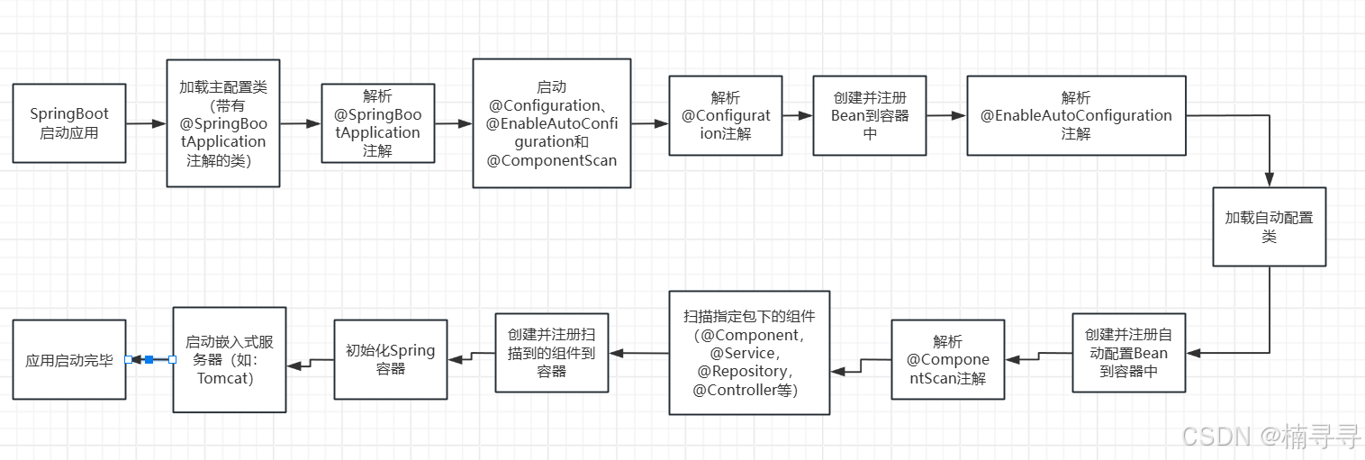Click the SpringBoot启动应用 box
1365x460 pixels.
69,123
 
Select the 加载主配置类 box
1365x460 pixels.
223,123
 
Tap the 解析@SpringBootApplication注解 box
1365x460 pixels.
377,123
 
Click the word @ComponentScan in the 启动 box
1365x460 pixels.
552,160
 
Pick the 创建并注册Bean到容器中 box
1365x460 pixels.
870,115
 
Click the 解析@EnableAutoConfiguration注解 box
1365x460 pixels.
1076,115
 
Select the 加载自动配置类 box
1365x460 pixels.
1269,227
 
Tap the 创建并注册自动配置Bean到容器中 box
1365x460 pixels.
1128,352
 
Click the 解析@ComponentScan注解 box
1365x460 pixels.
947,359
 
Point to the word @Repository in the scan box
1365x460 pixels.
749,371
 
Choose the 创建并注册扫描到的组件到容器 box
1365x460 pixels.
551,352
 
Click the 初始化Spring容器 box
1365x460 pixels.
390,359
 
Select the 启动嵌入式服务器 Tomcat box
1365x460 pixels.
229,359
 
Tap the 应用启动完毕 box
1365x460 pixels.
69,359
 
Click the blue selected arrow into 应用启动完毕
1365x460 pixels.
149,359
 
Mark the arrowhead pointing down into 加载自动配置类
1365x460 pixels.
1270,179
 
